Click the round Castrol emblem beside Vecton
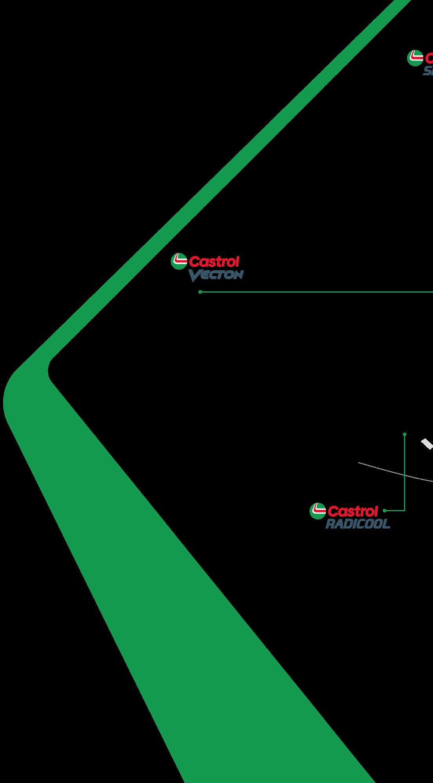coord(178,262)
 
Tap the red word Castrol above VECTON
coord(214,262)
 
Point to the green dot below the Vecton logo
coord(200,292)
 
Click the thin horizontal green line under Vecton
coord(314,292)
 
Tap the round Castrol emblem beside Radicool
coord(317,510)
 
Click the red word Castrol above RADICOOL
coord(353,511)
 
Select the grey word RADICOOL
coord(358,524)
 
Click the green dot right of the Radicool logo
coord(385,510)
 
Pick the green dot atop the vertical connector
coord(405,434)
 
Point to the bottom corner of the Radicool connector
coord(404,510)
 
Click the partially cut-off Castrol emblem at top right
coord(415,58)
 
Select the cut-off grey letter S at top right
coord(428,71)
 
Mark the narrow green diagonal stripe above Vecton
coord(235,157)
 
